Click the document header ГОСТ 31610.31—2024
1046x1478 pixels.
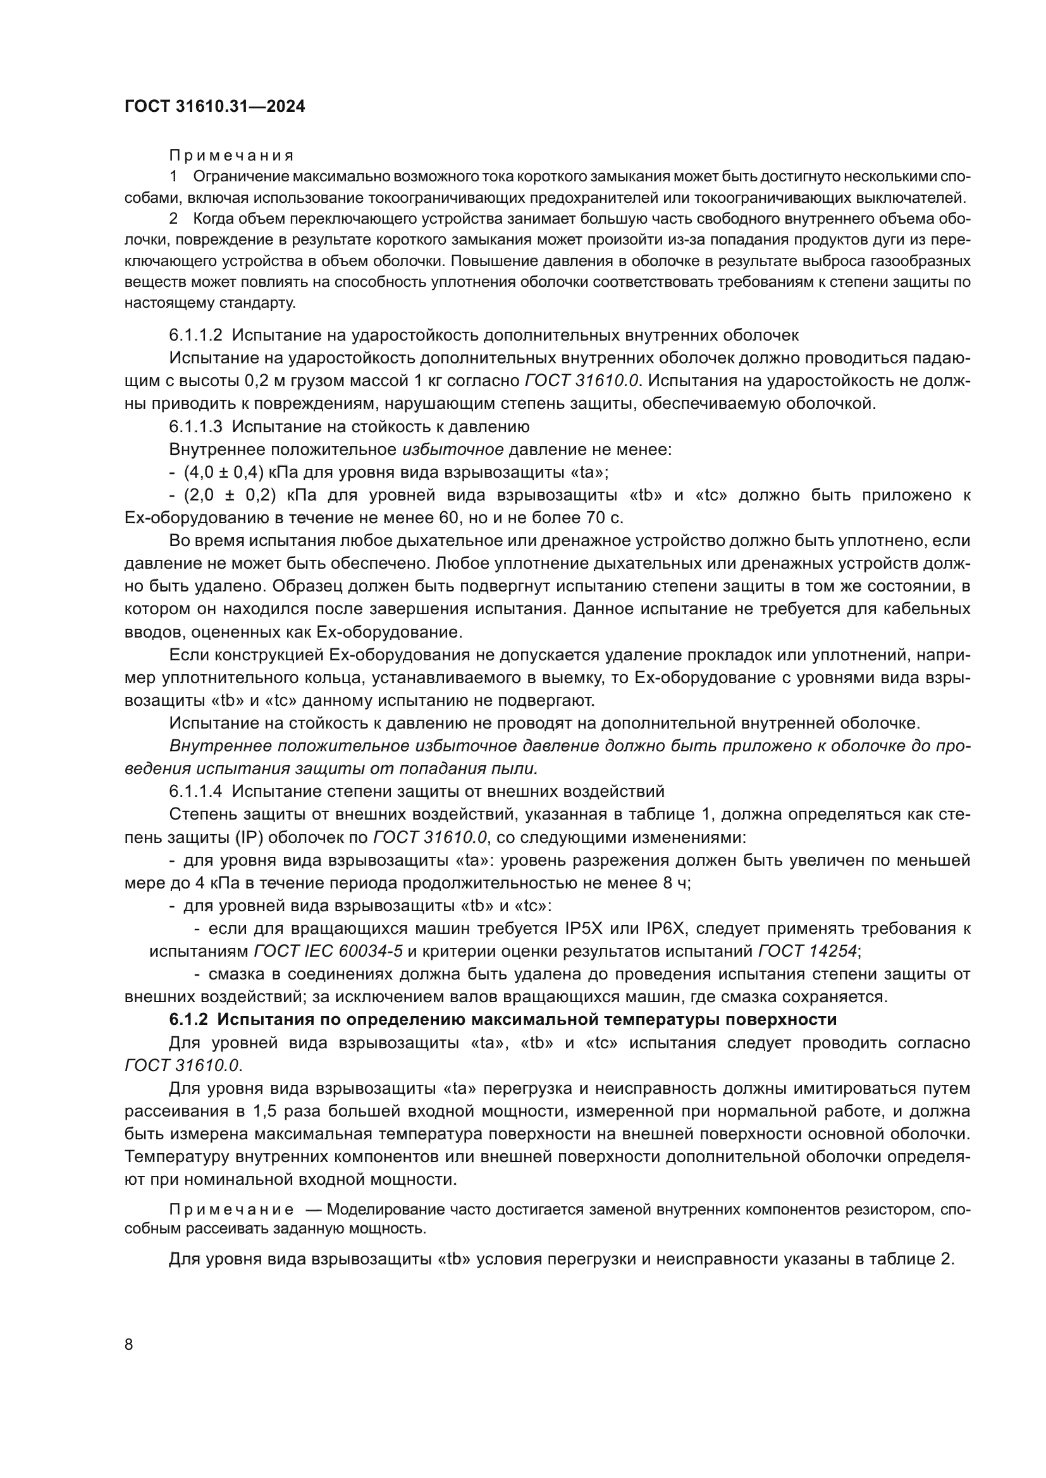pos(214,107)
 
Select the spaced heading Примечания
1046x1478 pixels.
pos(231,156)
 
